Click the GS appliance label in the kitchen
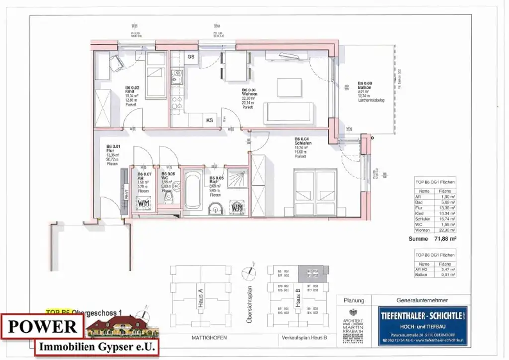tap(191, 57)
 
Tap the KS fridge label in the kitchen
tap(210, 120)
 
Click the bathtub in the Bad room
tap(193, 190)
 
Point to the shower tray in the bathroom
tap(237, 179)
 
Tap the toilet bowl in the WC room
tap(170, 199)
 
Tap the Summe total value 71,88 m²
tap(445, 239)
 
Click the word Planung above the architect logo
tap(354, 300)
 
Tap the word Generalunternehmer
tap(422, 300)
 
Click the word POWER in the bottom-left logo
tap(42, 326)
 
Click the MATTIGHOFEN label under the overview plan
tap(209, 338)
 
